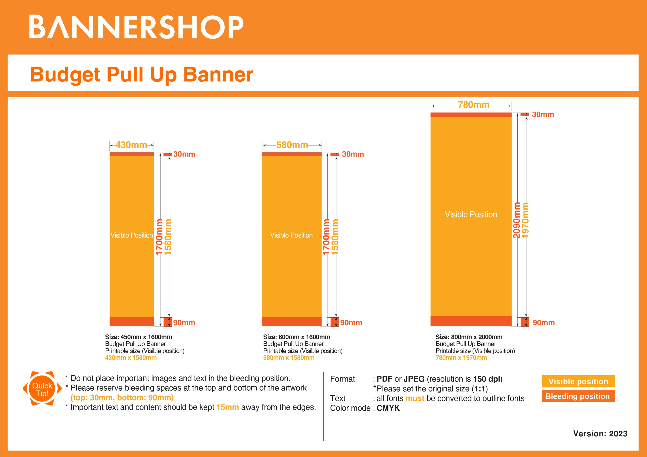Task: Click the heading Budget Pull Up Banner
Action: [x=142, y=74]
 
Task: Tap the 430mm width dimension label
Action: [x=131, y=145]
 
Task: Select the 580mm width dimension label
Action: [x=292, y=145]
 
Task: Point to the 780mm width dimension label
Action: [x=473, y=105]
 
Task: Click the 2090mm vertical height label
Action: [x=516, y=220]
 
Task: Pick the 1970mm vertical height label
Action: [x=525, y=220]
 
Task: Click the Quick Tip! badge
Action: [x=42, y=389]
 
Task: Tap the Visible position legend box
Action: [x=578, y=381]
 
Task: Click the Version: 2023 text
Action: [x=600, y=434]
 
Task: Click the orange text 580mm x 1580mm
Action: [x=289, y=358]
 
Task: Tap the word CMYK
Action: [x=388, y=408]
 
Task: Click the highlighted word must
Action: [x=415, y=398]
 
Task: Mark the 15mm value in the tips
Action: [x=227, y=407]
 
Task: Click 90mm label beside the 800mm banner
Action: [x=543, y=323]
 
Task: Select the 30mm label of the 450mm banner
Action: [x=184, y=154]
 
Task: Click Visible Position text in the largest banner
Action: [x=471, y=214]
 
